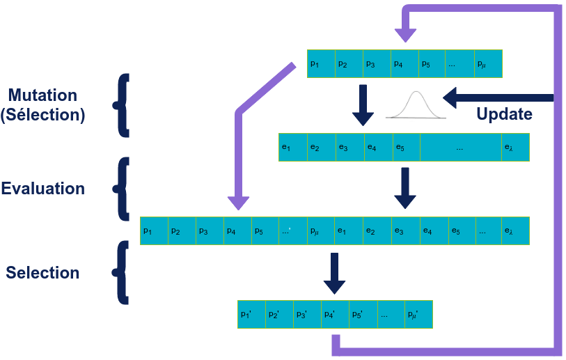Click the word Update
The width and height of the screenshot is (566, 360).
(x=504, y=114)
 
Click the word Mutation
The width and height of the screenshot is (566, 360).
(x=43, y=95)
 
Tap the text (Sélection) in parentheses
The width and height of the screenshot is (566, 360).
(x=43, y=115)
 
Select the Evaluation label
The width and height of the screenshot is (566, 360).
(x=43, y=189)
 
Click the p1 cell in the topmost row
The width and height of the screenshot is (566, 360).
(x=321, y=64)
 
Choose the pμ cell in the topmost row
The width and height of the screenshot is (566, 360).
(x=488, y=64)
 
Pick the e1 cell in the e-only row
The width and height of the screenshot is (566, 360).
(x=292, y=147)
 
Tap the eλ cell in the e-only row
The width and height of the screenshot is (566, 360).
(x=515, y=147)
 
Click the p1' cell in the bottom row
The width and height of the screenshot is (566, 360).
(x=251, y=314)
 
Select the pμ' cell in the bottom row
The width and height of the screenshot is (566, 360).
(x=418, y=314)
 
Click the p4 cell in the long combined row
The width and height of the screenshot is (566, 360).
(x=237, y=230)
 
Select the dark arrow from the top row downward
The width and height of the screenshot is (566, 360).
(x=363, y=104)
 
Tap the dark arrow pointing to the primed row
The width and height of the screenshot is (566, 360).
(x=335, y=273)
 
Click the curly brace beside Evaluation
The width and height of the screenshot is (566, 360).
(x=123, y=188)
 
